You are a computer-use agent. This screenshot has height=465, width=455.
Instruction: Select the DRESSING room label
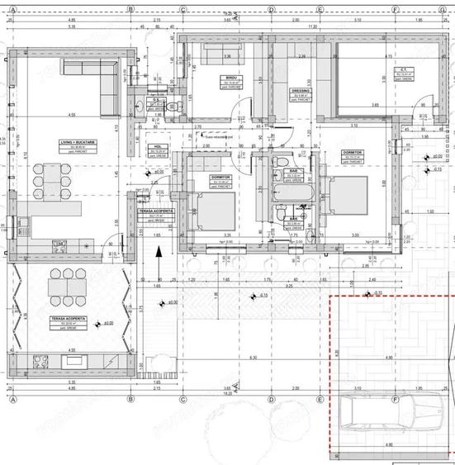pyautogui.click(x=301, y=91)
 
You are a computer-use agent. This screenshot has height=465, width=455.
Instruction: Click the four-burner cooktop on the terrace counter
pyautogui.click(x=42, y=359)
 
